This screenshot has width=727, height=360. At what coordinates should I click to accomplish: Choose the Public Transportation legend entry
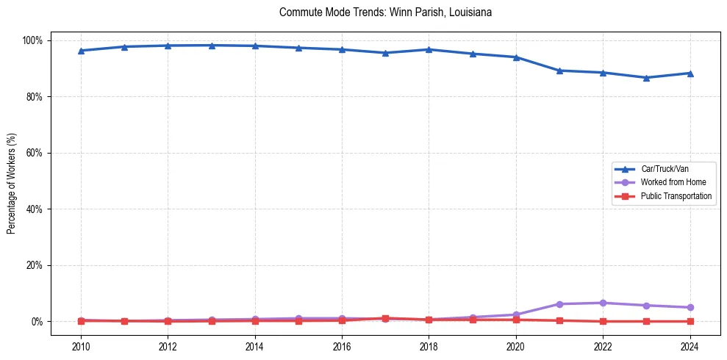(x=676, y=196)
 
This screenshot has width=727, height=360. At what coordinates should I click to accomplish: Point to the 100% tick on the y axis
(x=32, y=40)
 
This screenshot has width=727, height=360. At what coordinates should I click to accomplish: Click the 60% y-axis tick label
(x=35, y=153)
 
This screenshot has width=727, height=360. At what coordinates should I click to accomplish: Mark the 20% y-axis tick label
(x=35, y=265)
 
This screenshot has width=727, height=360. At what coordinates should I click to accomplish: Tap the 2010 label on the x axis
(x=81, y=348)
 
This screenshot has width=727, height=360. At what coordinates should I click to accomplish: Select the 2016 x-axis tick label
(x=342, y=348)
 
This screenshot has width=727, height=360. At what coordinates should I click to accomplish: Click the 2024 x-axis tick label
(x=690, y=348)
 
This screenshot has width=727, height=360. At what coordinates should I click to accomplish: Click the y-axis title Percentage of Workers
(x=12, y=181)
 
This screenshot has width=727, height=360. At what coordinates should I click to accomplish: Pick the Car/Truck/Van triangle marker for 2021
(x=559, y=71)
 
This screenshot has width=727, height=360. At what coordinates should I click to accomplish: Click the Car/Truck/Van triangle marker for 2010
(x=81, y=51)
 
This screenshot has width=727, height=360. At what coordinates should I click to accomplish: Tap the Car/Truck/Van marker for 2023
(x=646, y=77)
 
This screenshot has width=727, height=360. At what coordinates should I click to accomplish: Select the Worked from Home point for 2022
(x=603, y=303)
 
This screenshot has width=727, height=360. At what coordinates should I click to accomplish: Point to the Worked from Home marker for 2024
(x=690, y=307)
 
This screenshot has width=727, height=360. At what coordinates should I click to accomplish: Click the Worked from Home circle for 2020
(x=516, y=314)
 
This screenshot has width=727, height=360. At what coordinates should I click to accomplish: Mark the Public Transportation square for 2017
(x=385, y=318)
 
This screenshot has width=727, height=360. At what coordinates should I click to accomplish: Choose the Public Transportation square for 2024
(x=690, y=321)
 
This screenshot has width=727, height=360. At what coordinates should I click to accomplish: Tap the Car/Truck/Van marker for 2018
(x=429, y=49)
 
